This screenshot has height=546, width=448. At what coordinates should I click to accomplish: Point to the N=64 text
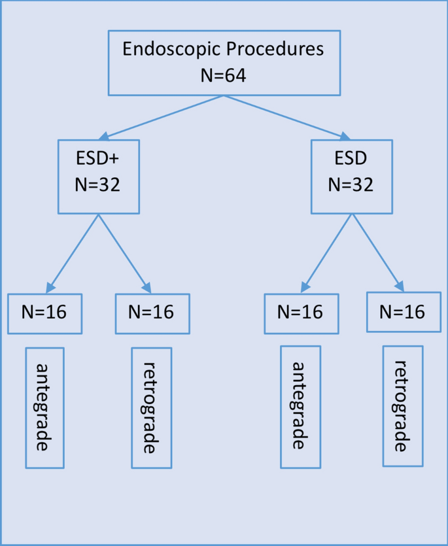pos(223,75)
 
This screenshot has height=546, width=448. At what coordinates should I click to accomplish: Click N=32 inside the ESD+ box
pos(98,185)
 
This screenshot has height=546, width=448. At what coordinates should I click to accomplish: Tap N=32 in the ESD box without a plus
pos(351,185)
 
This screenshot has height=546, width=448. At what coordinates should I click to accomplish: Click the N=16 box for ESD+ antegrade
pos(46,313)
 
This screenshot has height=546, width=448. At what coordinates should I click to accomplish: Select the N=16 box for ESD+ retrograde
pos(152,313)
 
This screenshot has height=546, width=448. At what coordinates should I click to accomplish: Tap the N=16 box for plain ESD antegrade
pos(301,313)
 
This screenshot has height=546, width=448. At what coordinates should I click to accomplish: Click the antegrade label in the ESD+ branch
pos(44,407)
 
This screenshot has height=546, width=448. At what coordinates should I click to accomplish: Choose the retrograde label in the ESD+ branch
pos(151,407)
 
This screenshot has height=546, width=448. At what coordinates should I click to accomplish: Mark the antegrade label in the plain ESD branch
pos(300,407)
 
